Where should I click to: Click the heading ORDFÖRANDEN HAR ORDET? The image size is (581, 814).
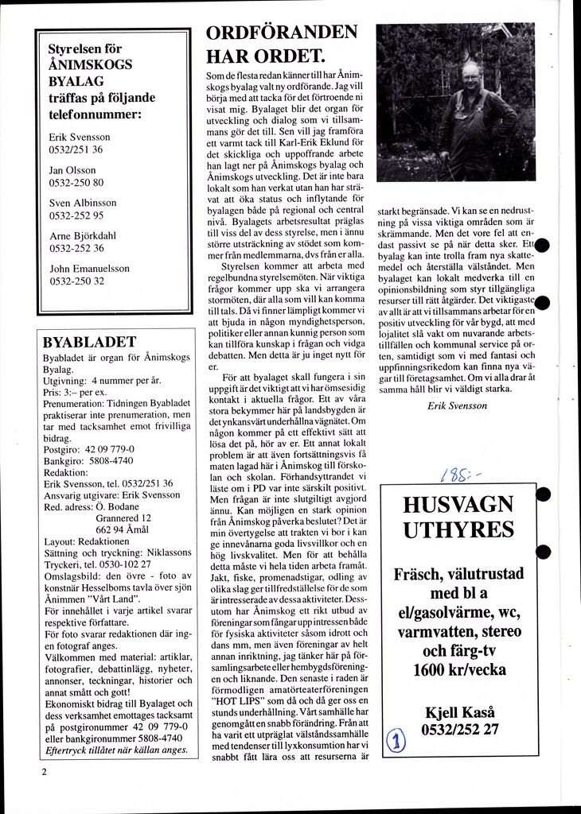click(x=282, y=45)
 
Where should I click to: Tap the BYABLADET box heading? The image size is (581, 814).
click(x=89, y=343)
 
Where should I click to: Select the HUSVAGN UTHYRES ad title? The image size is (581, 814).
click(x=458, y=517)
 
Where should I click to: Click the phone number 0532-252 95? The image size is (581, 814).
click(x=76, y=215)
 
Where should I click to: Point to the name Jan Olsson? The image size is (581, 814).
click(x=72, y=170)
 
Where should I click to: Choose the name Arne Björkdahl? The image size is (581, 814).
click(x=83, y=235)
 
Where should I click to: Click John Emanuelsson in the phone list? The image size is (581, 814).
click(x=89, y=269)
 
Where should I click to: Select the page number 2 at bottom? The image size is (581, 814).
click(x=45, y=772)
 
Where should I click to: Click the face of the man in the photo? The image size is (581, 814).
click(x=470, y=77)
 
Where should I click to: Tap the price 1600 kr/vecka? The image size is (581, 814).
click(x=459, y=669)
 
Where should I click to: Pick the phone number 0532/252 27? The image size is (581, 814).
click(x=461, y=728)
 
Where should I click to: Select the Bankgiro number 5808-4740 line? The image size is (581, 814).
click(x=88, y=460)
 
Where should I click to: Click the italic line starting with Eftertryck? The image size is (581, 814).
click(x=116, y=749)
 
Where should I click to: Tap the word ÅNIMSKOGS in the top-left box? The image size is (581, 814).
click(x=90, y=65)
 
